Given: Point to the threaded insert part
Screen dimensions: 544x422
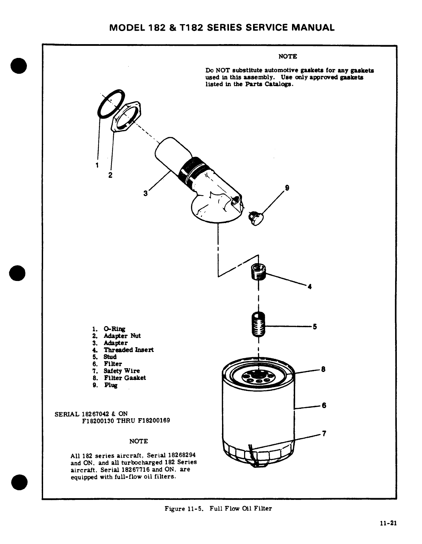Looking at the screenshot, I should [258, 271].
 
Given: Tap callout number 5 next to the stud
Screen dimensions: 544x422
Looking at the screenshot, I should [314, 326].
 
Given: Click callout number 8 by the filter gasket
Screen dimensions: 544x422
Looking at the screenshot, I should [323, 370].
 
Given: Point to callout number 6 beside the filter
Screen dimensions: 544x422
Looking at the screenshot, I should [324, 405].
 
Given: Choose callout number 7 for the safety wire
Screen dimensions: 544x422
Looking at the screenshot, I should [324, 433].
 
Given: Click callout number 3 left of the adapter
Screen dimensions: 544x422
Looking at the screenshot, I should [145, 193].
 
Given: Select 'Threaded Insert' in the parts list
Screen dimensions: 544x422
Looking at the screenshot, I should [129, 350].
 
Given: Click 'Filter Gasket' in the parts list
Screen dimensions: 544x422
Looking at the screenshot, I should [125, 378].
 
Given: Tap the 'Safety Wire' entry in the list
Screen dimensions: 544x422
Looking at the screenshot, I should [122, 371].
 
